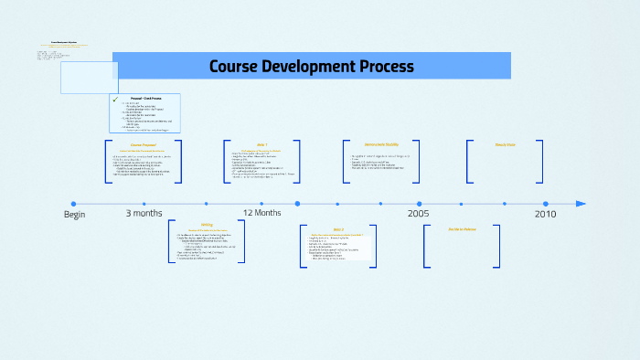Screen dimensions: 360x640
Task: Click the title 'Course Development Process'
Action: point(311,67)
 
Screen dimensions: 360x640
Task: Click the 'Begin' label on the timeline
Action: point(74,214)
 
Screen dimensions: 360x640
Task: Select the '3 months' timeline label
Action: point(144,213)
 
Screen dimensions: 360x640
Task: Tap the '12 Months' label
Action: point(261,213)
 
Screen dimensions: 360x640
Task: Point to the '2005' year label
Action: point(419,213)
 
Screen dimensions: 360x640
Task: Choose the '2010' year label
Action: point(545,213)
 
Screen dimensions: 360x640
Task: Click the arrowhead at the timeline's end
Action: point(581,204)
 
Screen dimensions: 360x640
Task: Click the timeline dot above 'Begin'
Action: point(73,204)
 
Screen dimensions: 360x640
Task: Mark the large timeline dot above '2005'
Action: point(420,204)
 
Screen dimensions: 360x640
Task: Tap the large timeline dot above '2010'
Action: point(546,204)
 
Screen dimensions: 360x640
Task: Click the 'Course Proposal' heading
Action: point(144,144)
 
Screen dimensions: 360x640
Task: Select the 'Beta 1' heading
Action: point(261,144)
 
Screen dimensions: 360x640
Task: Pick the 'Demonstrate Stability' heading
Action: point(381,144)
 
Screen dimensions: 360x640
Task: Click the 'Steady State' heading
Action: point(506,144)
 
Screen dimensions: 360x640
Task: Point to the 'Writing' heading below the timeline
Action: point(207,224)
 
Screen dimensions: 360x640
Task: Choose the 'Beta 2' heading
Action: point(338,229)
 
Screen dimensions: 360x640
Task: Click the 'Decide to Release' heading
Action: point(462,229)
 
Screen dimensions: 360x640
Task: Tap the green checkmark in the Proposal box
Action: point(116,98)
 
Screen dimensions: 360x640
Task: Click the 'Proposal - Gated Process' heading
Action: point(147,97)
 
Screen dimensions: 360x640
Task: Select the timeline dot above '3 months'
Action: point(144,204)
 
